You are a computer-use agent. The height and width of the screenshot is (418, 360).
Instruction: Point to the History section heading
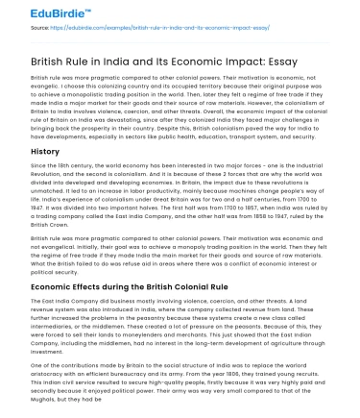pyautogui.click(x=45, y=151)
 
